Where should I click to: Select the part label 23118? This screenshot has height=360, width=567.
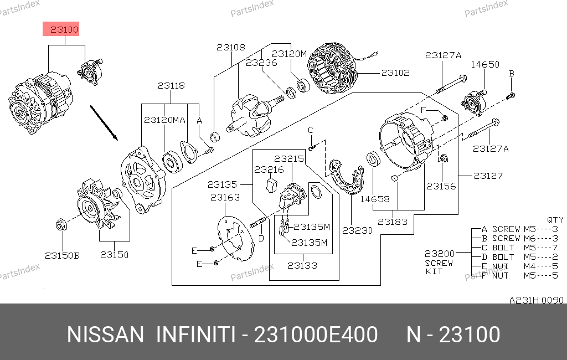pos(171,86)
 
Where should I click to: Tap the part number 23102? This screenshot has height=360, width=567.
pos(395,73)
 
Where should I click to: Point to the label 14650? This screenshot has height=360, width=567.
pos(485,64)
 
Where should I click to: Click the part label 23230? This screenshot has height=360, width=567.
pos(357,230)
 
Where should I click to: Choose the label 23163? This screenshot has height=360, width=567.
pos(225,197)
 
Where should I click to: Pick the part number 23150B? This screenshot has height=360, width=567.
pos(62,255)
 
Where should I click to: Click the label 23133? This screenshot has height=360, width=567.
pos(302,265)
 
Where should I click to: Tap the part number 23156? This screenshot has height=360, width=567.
pos(441,186)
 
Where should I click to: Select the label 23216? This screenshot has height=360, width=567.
pos(269,169)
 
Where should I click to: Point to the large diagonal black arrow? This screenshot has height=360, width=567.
pos(104,122)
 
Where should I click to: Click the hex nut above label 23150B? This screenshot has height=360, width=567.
pos(61,225)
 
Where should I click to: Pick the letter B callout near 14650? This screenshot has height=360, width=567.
pos(511,74)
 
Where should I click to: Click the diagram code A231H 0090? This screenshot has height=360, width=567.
pos(536,300)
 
